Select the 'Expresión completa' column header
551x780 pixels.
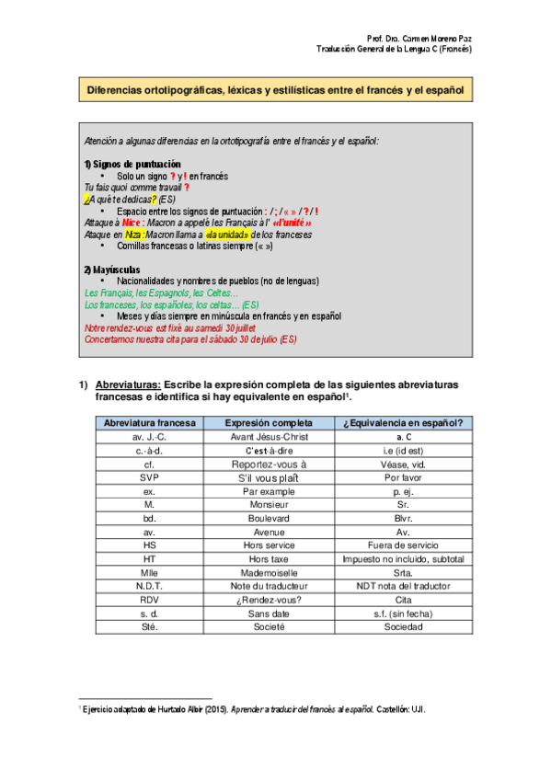(270, 423)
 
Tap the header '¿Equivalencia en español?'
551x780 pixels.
(403, 423)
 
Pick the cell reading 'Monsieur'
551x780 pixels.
(270, 504)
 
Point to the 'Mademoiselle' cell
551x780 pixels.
(270, 572)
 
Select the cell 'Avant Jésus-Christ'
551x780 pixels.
(270, 437)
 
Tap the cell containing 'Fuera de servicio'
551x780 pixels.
(403, 545)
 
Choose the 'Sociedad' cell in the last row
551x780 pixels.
(403, 626)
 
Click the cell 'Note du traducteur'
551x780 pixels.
(270, 586)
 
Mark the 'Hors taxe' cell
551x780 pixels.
(270, 558)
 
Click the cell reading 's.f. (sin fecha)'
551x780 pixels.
(403, 613)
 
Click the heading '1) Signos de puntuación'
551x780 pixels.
(132, 164)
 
